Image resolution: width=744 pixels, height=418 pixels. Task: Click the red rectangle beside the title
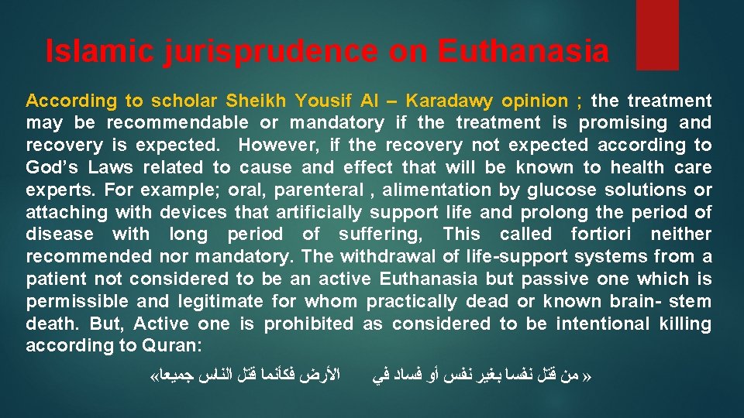pyautogui.click(x=656, y=35)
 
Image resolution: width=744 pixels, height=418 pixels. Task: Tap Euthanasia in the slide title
pyautogui.click(x=523, y=52)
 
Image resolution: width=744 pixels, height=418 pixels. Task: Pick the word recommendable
pyautogui.click(x=178, y=122)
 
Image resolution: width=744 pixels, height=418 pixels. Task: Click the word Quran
pyautogui.click(x=170, y=346)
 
